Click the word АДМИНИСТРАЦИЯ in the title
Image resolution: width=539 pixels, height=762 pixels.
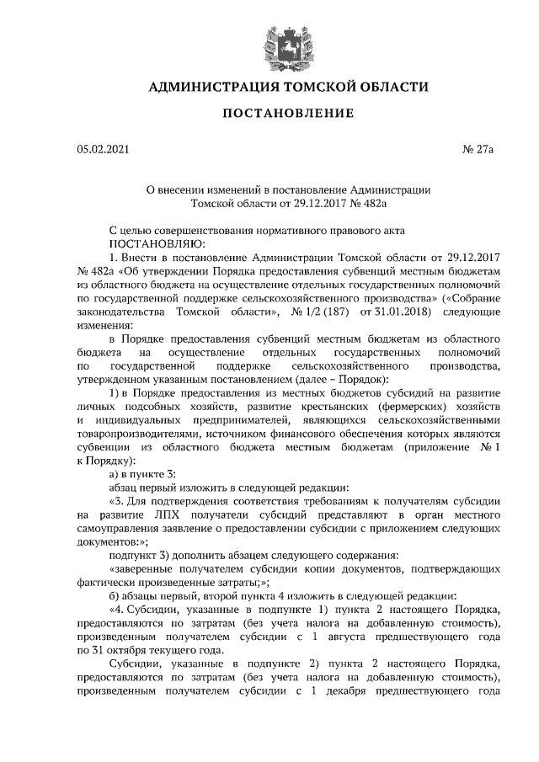[x=214, y=86]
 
